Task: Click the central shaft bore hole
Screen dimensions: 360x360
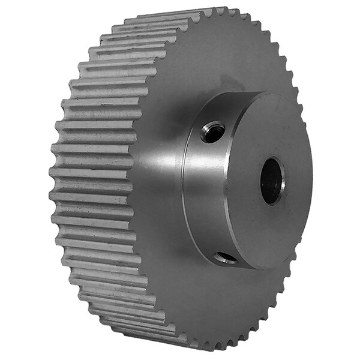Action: coord(271,180)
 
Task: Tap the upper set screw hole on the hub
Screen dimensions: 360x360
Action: coord(213,132)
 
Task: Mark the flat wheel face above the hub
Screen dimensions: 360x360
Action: coord(198,60)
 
